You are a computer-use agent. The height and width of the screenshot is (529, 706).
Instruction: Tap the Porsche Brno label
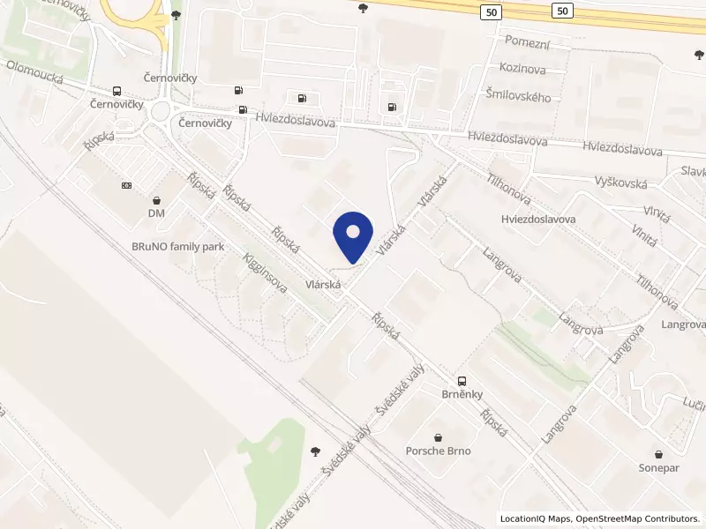(x=438, y=451)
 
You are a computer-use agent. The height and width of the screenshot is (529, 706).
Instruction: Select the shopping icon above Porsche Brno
(x=438, y=437)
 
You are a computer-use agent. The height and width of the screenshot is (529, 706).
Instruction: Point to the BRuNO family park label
(x=177, y=247)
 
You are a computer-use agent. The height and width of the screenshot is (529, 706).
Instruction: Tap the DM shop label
(x=156, y=213)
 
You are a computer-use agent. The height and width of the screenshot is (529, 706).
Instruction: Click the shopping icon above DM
(x=156, y=200)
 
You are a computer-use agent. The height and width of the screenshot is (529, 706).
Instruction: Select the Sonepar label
(x=659, y=468)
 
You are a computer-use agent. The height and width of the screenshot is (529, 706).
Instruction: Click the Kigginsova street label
(x=266, y=274)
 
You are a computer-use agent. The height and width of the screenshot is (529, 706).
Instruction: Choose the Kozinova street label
(x=522, y=68)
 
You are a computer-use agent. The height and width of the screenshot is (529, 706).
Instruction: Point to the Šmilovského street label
(x=518, y=95)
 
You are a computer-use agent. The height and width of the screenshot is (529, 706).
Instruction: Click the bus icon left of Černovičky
(x=116, y=92)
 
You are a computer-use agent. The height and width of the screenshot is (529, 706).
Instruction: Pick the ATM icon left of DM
(x=126, y=186)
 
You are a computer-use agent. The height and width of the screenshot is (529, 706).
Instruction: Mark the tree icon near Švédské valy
(x=316, y=451)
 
